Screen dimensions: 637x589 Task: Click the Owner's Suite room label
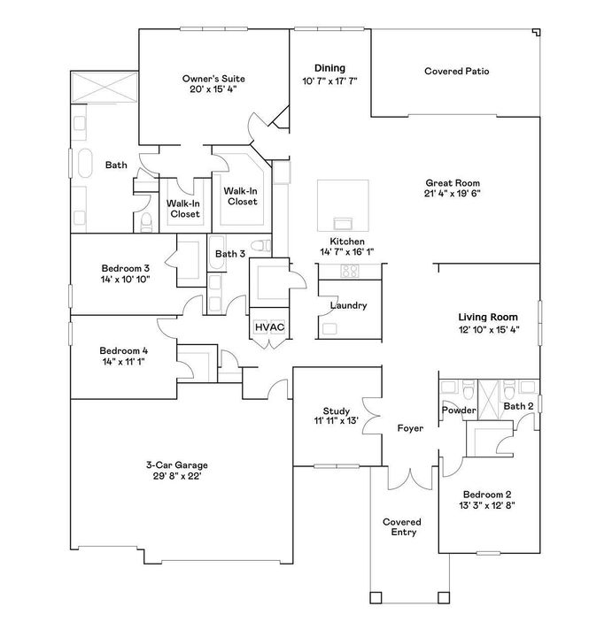point(213,77)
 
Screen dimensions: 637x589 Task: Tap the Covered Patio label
point(457,71)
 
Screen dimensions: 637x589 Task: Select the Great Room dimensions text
point(453,193)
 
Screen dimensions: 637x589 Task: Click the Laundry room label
point(348,306)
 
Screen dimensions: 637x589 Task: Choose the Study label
point(336,411)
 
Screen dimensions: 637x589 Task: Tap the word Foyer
point(409,428)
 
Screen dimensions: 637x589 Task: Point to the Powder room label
point(459,411)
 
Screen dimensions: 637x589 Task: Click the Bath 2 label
point(518,406)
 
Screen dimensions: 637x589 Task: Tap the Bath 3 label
point(229,255)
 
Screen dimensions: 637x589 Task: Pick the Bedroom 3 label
point(125,268)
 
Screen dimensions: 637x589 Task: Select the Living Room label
point(488,317)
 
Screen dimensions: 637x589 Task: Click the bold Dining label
point(329,68)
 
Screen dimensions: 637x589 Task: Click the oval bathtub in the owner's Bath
point(86,165)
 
